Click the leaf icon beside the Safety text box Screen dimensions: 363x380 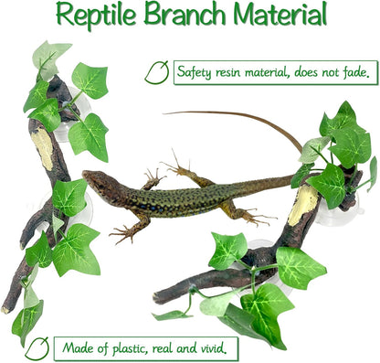tap(157, 72)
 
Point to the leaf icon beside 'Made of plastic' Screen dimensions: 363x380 tap(37, 347)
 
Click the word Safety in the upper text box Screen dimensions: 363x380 tap(196, 72)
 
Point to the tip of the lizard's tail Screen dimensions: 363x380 tap(166, 113)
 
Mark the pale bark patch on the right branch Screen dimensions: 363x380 tap(304, 206)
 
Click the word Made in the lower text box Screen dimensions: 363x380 tap(77, 348)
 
